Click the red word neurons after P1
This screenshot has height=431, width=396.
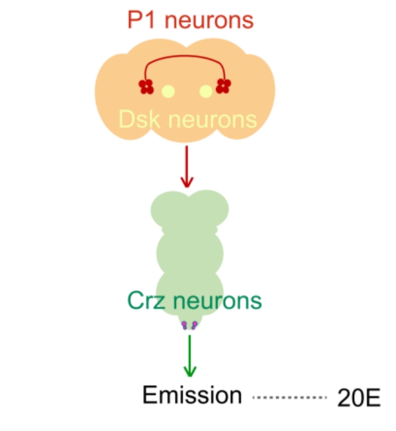(209, 21)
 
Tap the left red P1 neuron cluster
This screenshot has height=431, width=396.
(146, 86)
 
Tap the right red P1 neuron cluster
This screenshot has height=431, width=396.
(223, 86)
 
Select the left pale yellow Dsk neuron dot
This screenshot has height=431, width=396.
(168, 91)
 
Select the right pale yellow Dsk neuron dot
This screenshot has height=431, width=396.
(206, 91)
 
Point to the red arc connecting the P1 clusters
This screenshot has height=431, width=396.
(185, 56)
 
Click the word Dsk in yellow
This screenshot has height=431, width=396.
(139, 119)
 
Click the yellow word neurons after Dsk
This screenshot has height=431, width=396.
(212, 121)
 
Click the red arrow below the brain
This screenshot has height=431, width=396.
(187, 166)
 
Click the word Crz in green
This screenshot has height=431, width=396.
(146, 301)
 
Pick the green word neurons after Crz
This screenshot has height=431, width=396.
(217, 301)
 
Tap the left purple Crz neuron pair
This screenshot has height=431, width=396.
(184, 325)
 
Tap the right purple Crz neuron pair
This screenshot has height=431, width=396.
(194, 325)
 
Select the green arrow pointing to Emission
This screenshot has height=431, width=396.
(190, 356)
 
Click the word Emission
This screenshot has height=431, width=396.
(192, 395)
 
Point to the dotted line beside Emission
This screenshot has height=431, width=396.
(290, 397)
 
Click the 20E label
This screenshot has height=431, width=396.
(359, 397)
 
